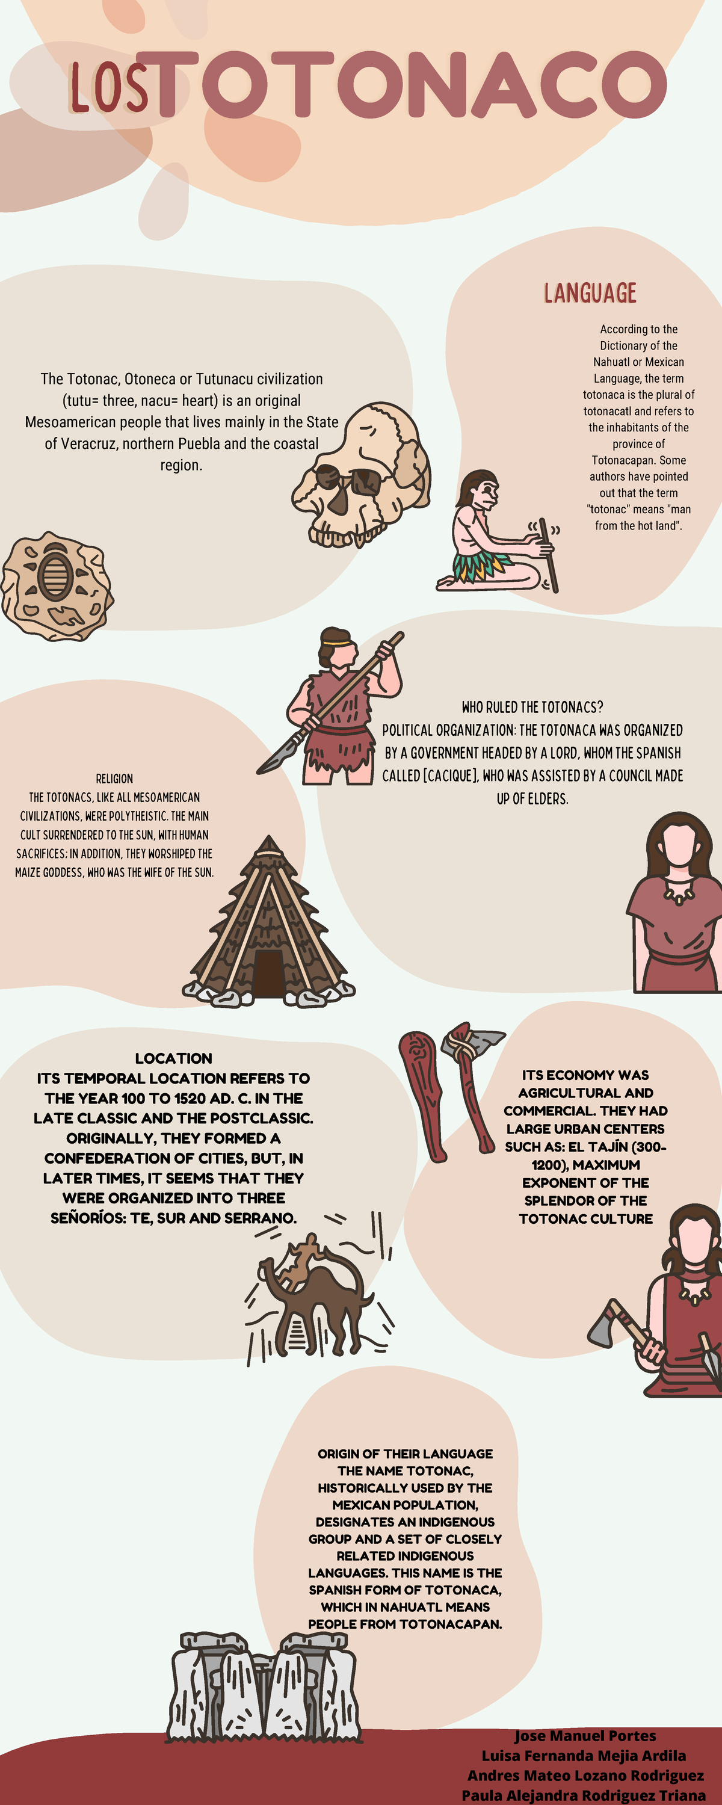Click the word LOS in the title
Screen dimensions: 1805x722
109,88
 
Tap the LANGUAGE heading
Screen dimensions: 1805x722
590,293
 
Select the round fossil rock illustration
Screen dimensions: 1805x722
57,586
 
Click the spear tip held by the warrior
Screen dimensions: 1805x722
273,761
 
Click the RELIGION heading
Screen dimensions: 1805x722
114,779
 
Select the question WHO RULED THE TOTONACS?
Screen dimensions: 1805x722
532,707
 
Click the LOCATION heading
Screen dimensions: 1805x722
173,1058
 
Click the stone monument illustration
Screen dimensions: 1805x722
262,1689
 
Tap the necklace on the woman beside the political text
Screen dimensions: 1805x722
677,893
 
